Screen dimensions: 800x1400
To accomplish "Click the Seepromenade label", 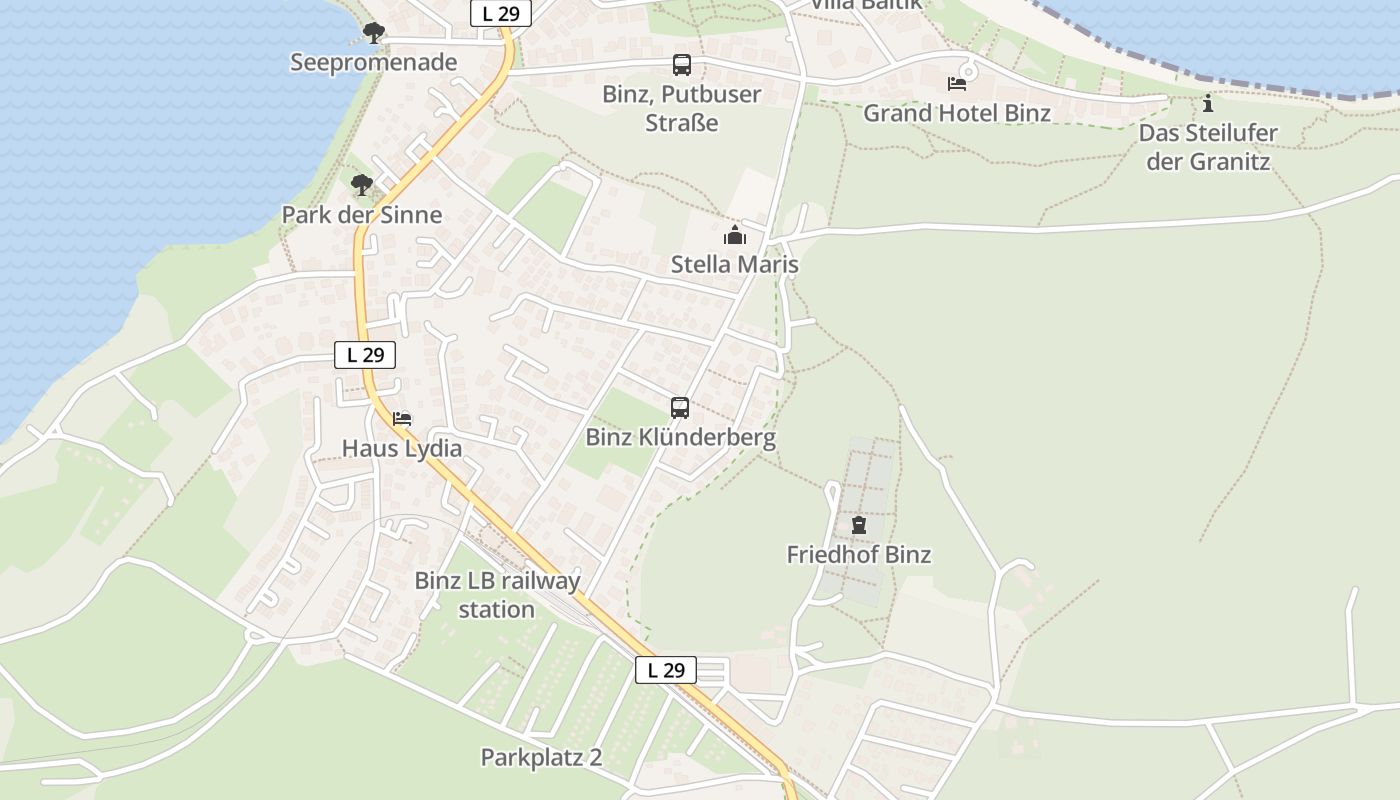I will point(373,62).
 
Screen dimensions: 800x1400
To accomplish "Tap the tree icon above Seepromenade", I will point(373,33).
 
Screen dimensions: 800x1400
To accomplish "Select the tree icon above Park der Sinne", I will point(362,185).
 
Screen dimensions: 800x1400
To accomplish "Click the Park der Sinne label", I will point(361,214).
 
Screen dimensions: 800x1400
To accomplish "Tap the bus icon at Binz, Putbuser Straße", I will point(682,65).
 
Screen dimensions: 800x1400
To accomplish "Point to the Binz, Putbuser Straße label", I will point(682,108).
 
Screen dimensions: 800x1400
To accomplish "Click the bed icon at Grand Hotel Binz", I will point(957,83).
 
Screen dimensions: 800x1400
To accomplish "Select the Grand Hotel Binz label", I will point(957,112).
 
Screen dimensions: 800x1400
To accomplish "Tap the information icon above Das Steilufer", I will point(1208,103).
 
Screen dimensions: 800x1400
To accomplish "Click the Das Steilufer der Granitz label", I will point(1208,146).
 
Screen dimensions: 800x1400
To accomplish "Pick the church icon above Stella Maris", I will point(735,236).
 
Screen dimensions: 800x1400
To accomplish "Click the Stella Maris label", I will point(735,264).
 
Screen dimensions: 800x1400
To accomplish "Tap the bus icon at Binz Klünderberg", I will point(680,408).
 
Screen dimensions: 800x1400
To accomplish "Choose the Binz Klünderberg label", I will point(680,437).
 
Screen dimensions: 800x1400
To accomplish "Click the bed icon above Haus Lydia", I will point(402,418).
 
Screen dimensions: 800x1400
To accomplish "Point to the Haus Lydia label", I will point(402,447).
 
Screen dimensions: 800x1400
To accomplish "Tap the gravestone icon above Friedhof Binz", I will point(858,525).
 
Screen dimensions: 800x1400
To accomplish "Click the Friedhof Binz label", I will point(858,554).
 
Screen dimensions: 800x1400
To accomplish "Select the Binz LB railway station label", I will point(497,595).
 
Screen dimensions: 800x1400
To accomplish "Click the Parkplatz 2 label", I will point(541,757).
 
